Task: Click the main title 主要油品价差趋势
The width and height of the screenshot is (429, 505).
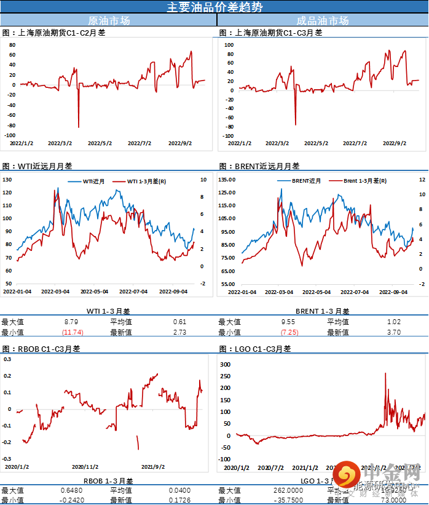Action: (x=214, y=7)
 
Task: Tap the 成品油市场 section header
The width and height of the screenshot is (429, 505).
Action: (x=323, y=21)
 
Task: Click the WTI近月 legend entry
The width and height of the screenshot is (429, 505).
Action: (x=93, y=181)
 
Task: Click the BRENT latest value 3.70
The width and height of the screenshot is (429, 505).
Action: (x=393, y=332)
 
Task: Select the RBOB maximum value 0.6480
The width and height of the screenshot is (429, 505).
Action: (x=73, y=490)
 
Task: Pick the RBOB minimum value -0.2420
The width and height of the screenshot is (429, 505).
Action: (x=72, y=500)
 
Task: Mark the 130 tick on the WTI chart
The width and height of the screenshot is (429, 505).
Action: (x=7, y=180)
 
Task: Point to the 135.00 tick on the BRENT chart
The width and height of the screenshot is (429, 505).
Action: (x=227, y=180)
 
